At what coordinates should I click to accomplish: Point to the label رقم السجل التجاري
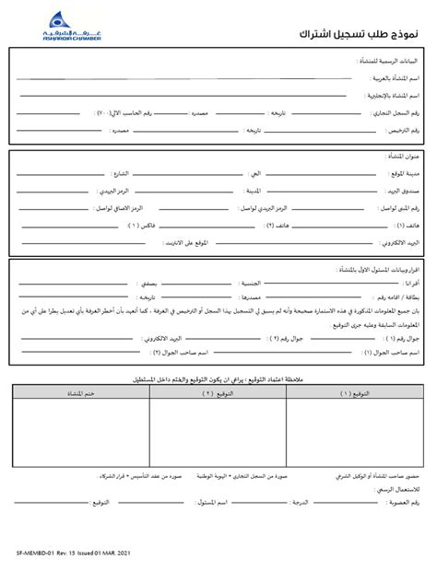(x=403, y=113)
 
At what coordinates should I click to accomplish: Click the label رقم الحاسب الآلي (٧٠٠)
(x=130, y=113)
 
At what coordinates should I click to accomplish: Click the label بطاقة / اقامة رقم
(x=396, y=300)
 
